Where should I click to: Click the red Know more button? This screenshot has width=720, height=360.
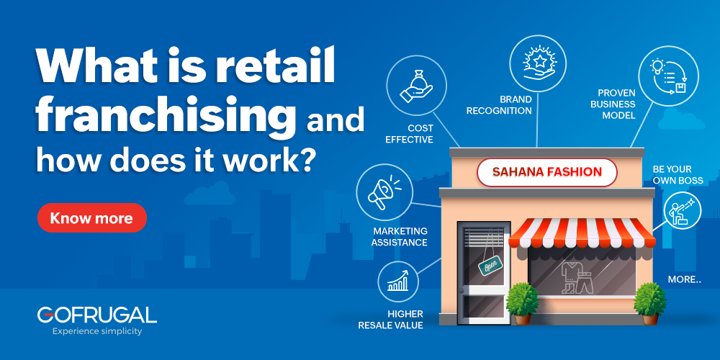tap(91, 218)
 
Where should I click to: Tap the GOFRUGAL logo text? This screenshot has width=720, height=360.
tap(96, 315)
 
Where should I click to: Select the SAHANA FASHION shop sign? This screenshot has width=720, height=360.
tap(547, 172)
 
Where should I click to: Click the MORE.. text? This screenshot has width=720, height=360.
tap(684, 279)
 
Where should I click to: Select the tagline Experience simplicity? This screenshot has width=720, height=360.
tap(97, 331)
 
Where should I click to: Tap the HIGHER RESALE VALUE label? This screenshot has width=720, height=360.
tap(391, 320)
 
